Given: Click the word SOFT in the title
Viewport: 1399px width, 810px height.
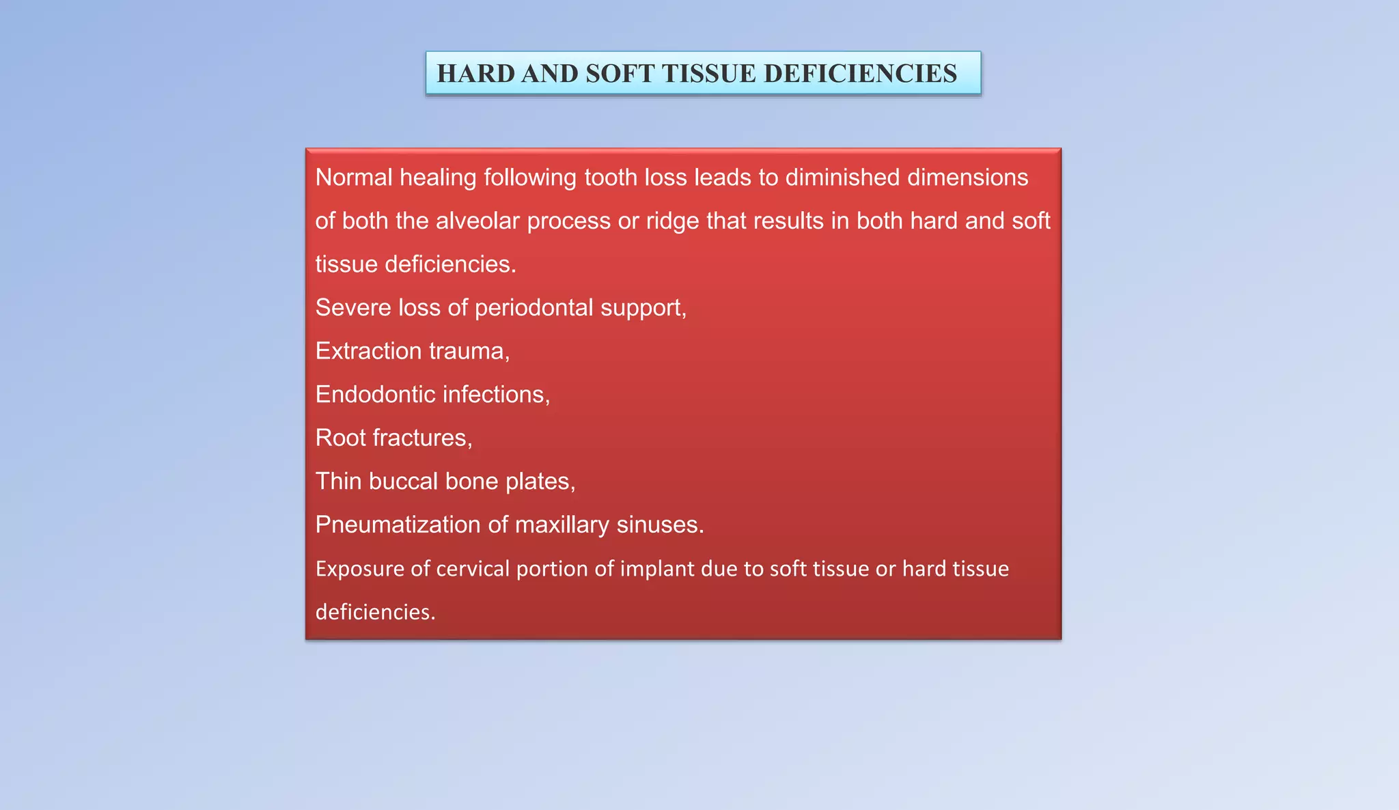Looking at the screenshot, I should (x=620, y=74).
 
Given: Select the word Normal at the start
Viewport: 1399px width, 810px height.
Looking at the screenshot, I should (x=354, y=178).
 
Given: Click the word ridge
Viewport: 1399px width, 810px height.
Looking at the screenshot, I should (x=672, y=221).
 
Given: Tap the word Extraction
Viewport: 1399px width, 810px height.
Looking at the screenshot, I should (x=369, y=351).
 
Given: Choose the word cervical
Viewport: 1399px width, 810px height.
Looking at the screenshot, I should (x=473, y=569).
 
